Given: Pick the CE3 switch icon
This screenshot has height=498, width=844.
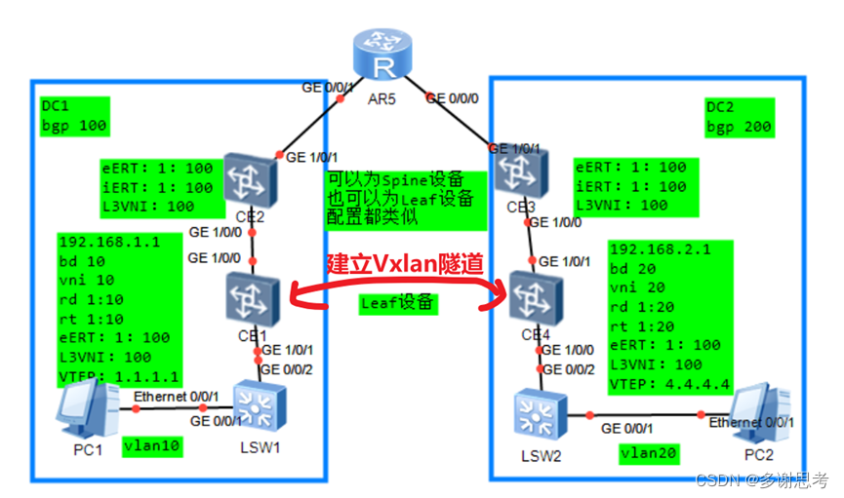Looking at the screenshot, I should [x=511, y=176].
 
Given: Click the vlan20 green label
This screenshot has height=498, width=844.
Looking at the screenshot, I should [x=650, y=453].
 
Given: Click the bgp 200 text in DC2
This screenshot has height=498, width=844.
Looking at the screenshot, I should [x=739, y=127].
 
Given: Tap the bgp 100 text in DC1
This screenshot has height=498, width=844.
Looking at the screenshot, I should [x=74, y=126].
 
